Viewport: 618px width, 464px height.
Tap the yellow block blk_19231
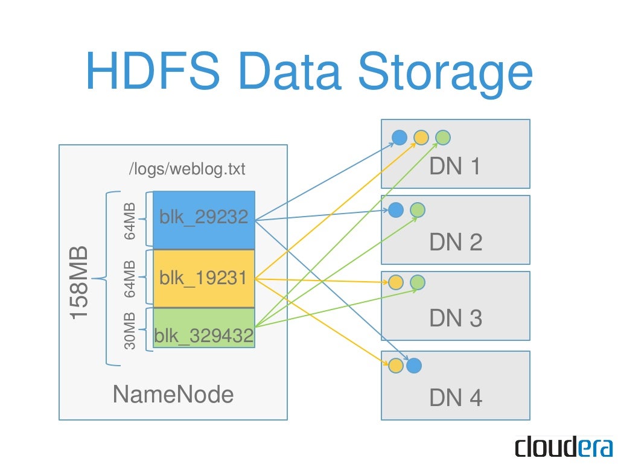(204, 278)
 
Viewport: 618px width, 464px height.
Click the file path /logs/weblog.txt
(188, 169)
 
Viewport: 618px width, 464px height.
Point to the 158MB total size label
(79, 282)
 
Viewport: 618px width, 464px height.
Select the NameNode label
(173, 395)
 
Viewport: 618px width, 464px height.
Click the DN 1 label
(455, 167)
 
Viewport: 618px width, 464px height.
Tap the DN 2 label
(456, 243)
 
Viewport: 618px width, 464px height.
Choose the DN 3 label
(456, 318)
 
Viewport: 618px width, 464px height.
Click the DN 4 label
(456, 398)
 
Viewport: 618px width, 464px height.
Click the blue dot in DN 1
(399, 138)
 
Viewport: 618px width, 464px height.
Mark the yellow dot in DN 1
(421, 138)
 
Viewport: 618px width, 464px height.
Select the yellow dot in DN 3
(395, 282)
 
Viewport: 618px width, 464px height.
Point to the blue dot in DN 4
(413, 366)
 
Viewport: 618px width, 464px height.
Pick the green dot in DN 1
(443, 138)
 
